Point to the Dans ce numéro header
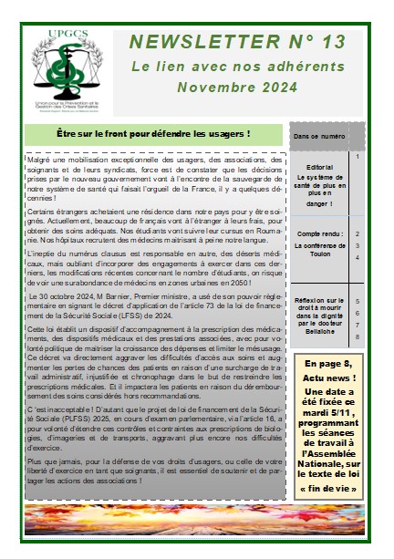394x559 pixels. click(x=318, y=136)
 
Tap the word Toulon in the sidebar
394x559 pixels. click(x=320, y=258)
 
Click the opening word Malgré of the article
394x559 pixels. click(x=41, y=160)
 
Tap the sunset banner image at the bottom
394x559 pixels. click(x=197, y=524)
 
